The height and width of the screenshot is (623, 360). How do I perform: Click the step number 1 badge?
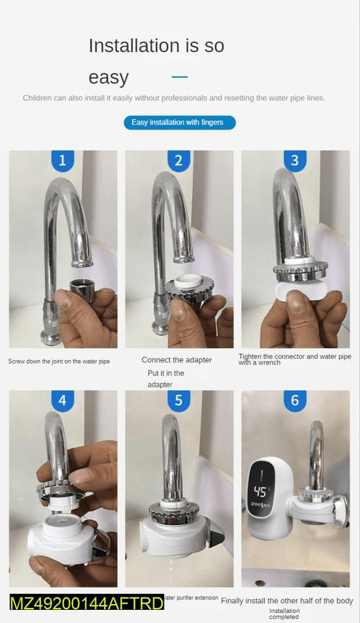62,161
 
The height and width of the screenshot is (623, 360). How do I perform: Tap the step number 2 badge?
179,161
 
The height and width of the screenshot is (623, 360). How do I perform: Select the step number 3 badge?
295,161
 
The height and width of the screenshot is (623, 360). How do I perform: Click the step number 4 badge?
62,401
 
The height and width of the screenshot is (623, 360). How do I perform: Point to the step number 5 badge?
179,401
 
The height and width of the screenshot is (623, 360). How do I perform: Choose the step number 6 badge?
295,401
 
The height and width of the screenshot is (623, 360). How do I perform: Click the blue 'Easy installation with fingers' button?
179,122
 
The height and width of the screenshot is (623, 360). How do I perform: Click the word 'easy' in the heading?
108,78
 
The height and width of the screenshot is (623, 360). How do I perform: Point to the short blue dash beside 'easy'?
179,77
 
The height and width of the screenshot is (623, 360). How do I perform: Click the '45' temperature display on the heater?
260,492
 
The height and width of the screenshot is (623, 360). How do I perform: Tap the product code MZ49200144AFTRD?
87,603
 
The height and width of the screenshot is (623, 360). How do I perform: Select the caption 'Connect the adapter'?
176,359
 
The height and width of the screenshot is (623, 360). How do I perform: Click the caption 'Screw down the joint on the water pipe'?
59,361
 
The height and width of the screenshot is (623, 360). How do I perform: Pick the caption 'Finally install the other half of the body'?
287,601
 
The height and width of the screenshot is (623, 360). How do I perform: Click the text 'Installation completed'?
284,614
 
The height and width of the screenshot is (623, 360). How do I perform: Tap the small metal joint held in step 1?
82,290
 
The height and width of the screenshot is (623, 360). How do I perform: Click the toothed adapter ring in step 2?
189,288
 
